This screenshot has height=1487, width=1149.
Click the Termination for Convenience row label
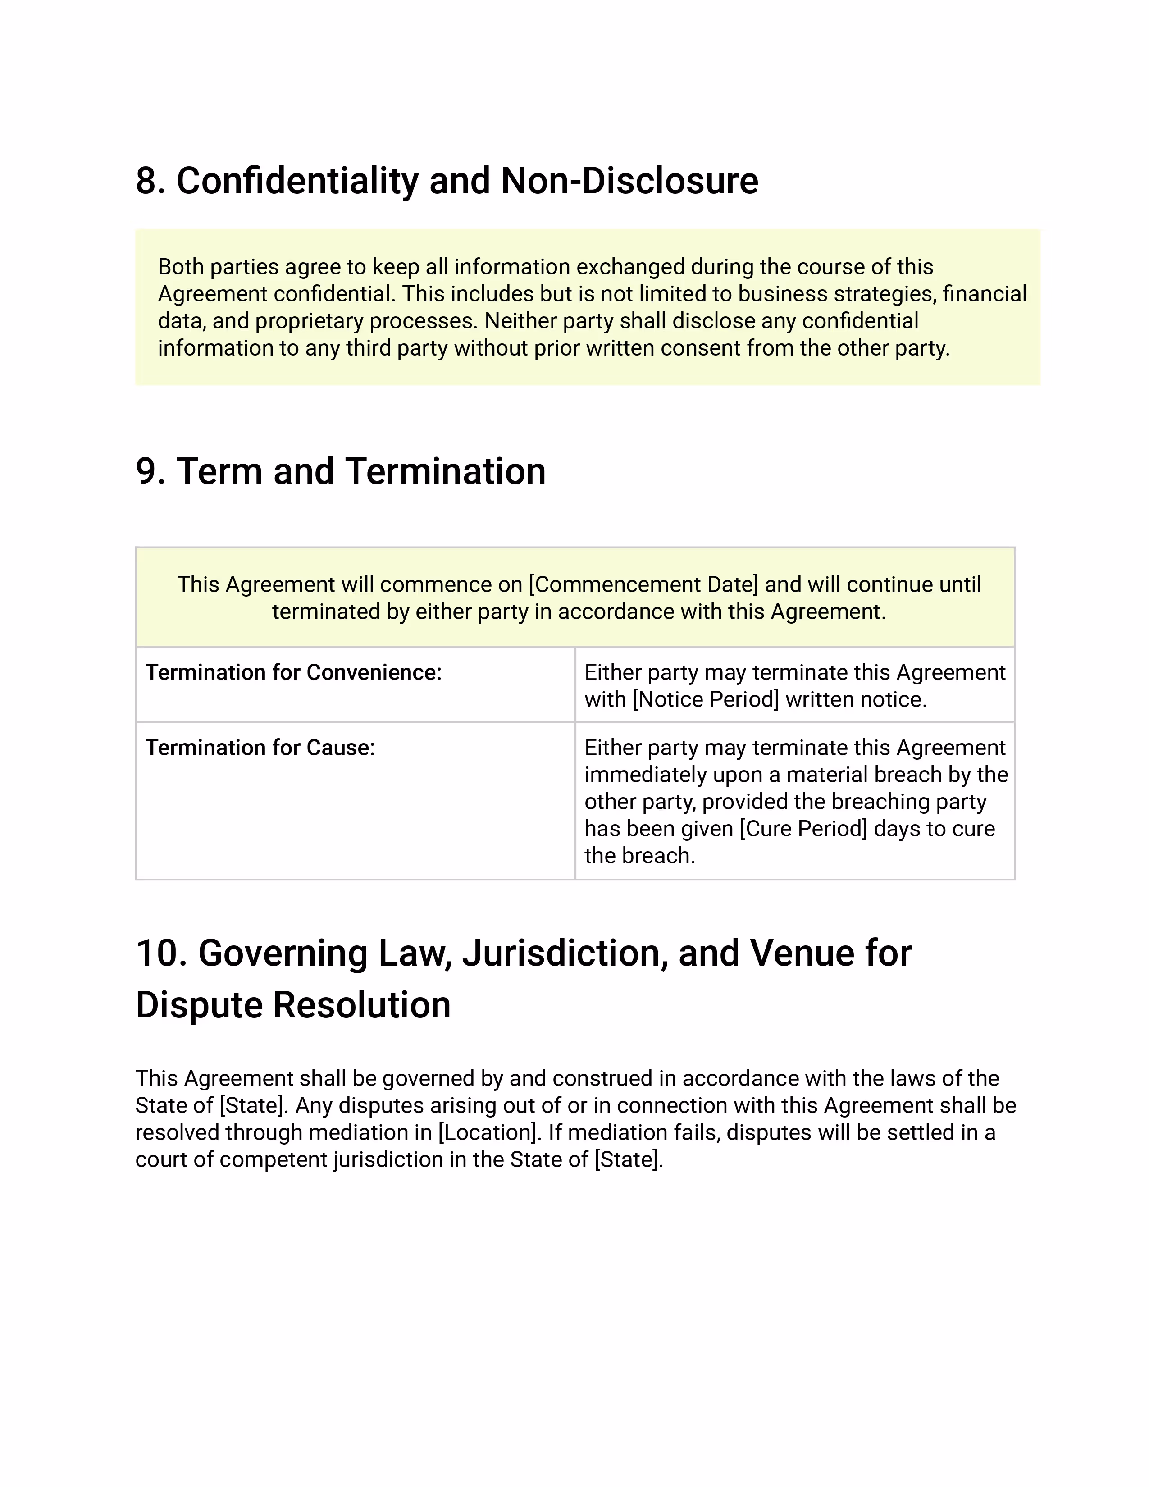(x=293, y=673)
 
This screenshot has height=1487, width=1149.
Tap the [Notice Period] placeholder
(x=705, y=700)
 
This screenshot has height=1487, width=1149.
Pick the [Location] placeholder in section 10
(x=488, y=1132)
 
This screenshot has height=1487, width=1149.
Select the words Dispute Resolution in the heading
(x=293, y=1006)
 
